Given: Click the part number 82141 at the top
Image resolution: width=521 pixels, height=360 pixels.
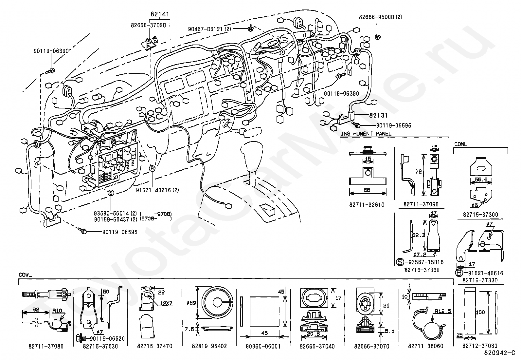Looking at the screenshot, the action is coord(160,14).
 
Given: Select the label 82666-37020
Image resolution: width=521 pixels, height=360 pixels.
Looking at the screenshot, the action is coord(148,25).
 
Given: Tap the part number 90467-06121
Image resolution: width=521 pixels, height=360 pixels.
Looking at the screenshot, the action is coord(206,29).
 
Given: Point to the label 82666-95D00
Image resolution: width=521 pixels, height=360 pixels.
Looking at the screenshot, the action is coord(377,17).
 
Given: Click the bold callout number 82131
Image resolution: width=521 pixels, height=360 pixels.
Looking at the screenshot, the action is coord(379,115).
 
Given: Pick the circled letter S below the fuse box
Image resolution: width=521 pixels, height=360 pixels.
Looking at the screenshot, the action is coord(111,193).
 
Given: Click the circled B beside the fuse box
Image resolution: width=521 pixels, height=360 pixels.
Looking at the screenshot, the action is coord(152,168).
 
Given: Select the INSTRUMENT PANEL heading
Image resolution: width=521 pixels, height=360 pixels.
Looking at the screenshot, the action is coord(366,134).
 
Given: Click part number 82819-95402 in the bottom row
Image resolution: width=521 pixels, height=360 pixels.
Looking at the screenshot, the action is coord(209,346).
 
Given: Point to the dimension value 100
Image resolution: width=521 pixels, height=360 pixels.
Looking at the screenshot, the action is coord(480,312).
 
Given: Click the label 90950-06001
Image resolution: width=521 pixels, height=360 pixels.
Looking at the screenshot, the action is coord(263,346).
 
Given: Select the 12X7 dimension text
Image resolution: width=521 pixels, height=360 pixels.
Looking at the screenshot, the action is coord(166,303).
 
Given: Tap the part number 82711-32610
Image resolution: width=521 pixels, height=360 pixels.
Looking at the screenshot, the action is coord(367,205).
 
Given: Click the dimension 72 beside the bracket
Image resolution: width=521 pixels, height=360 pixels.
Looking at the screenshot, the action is coord(419,172).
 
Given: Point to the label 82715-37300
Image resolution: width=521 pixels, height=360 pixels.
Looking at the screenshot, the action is coord(480,215).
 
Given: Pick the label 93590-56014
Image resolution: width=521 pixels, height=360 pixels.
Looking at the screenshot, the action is coord(112,214).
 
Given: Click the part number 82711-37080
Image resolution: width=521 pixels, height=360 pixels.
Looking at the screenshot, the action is coord(46,346).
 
